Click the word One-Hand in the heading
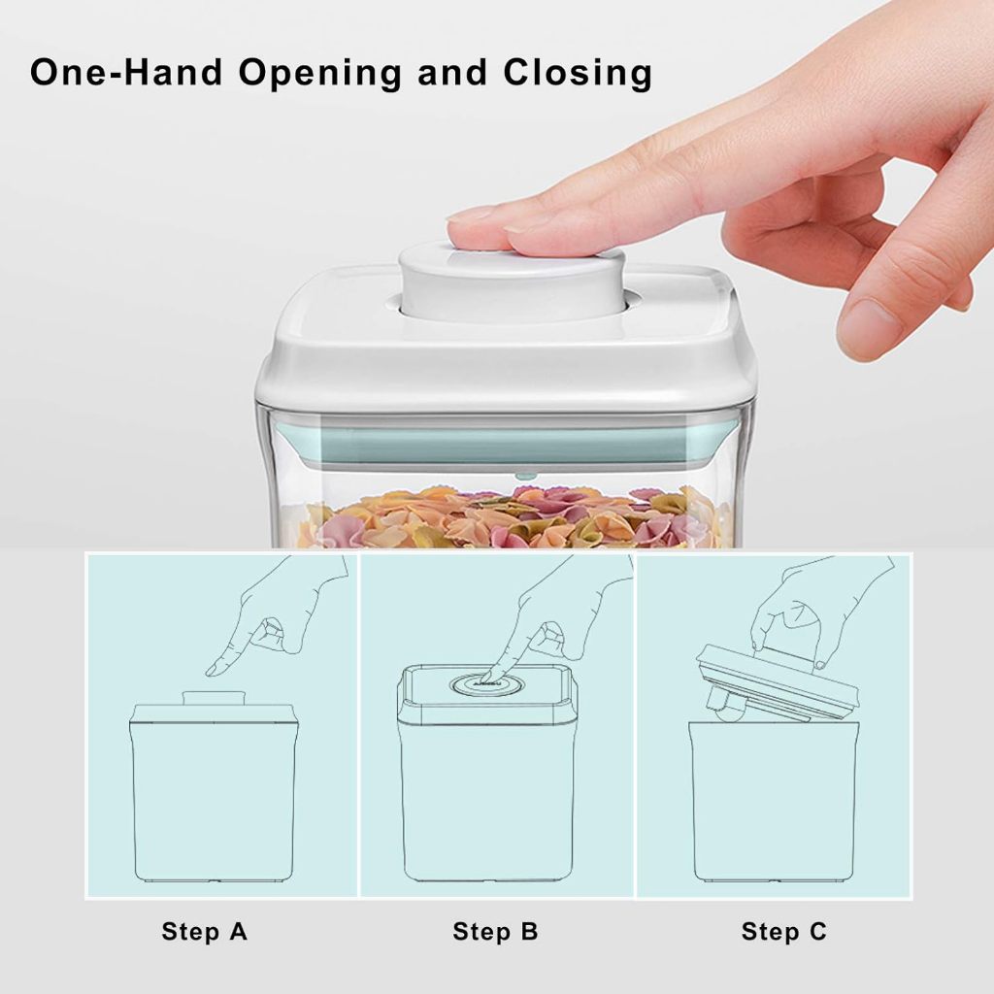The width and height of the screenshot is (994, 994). pos(127,72)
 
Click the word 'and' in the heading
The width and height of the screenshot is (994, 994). pos(452,72)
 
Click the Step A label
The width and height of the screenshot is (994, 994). pos(204,931)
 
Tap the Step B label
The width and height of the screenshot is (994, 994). pos(495,931)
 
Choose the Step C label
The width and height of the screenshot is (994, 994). pos(784,931)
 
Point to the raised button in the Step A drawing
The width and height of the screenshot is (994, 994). pos(213,697)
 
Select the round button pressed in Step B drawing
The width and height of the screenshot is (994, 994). pos(487,684)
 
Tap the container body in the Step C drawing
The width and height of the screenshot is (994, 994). pos(774,802)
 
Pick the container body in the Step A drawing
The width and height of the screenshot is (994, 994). pos(214,800)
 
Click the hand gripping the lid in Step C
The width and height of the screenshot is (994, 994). pos(817,609)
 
